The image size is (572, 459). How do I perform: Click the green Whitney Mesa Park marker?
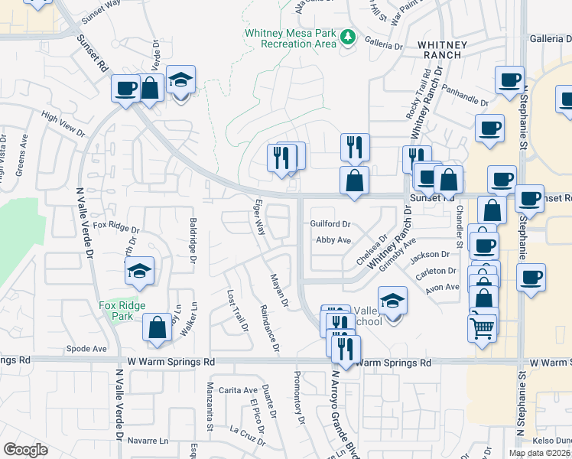[349, 37]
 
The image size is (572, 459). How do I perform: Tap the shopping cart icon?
[482, 327]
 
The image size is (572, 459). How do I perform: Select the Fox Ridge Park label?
[122, 310]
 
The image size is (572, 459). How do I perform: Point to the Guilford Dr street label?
[330, 224]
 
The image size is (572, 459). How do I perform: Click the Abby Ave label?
[333, 239]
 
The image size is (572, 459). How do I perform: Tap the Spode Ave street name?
[86, 348]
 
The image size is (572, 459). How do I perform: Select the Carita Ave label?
[239, 389]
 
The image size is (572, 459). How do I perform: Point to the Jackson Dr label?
[430, 255]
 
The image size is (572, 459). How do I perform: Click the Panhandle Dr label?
[464, 96]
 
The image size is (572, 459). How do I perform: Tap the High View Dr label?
[63, 124]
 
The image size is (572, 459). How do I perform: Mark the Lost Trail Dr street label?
[237, 311]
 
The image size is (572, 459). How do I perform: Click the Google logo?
[25, 450]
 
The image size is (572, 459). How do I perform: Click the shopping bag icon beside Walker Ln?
[157, 327]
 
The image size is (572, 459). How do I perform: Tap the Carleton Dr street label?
[440, 271]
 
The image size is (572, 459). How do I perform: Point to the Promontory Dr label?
[299, 393]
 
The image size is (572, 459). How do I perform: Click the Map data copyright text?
[540, 453]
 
